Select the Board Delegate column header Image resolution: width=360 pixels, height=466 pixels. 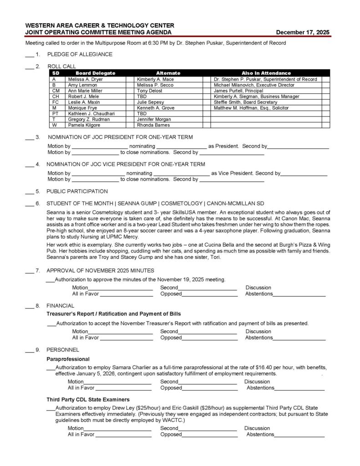[95, 73]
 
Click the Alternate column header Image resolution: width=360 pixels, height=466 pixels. [168, 73]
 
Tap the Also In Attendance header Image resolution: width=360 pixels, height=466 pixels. [266, 73]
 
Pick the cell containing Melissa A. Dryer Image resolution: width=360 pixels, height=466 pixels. [86, 79]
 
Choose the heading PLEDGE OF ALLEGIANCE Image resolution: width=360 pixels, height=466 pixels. [80, 55]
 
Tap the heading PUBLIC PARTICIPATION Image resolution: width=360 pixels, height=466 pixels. [78, 192]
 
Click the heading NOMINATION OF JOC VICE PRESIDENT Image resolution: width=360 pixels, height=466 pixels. [126, 164]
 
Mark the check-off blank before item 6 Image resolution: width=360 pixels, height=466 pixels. [29, 204]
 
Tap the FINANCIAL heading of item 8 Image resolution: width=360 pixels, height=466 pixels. [61, 305]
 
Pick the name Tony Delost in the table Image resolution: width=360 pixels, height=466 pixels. [150, 91]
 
